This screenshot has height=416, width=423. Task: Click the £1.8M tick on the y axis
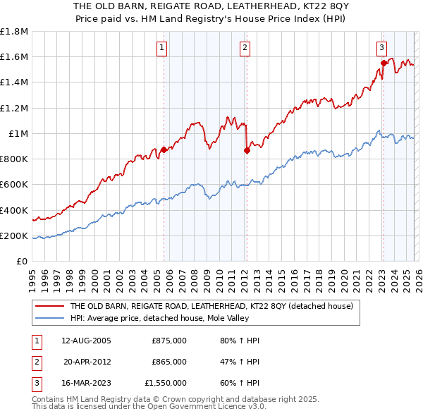coord(14,32)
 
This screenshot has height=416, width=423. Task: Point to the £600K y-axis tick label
coord(14,185)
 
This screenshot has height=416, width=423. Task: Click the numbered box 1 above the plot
coord(162,48)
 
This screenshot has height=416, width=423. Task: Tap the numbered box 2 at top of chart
coord(245,48)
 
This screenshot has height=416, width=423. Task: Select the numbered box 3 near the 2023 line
coord(381,48)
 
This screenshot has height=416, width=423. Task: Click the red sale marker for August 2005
coord(164,149)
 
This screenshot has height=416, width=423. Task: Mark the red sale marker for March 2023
coord(384,63)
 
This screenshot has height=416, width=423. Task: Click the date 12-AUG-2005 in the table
coord(86,341)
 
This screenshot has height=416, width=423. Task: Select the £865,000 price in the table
coord(169,362)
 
